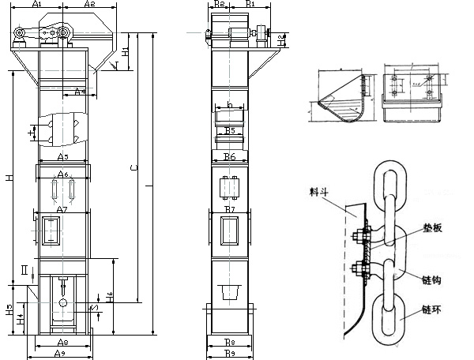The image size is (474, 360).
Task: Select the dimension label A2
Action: tap(89, 5)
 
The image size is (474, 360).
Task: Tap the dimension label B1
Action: tap(250, 5)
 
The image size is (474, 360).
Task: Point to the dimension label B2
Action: tap(221, 5)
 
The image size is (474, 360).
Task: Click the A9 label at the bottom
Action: tap(59, 354)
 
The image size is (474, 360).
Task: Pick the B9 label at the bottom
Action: tap(228, 354)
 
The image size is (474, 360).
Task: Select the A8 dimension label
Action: tap(62, 343)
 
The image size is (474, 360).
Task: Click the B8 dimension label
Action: tap(228, 343)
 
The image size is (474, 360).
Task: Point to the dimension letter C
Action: tap(133, 168)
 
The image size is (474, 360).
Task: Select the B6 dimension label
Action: tap(230, 158)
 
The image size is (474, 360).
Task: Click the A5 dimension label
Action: tap(63, 158)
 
